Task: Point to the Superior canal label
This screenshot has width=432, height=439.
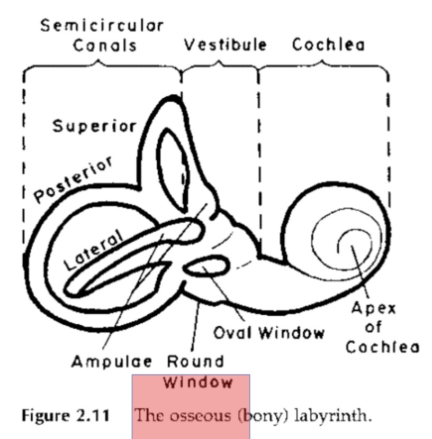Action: pyautogui.click(x=94, y=127)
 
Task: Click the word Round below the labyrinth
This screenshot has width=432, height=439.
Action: pyautogui.click(x=196, y=362)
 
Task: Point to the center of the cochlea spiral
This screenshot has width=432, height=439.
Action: pyautogui.click(x=350, y=245)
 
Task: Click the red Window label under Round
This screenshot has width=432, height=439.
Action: pyautogui.click(x=199, y=381)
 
